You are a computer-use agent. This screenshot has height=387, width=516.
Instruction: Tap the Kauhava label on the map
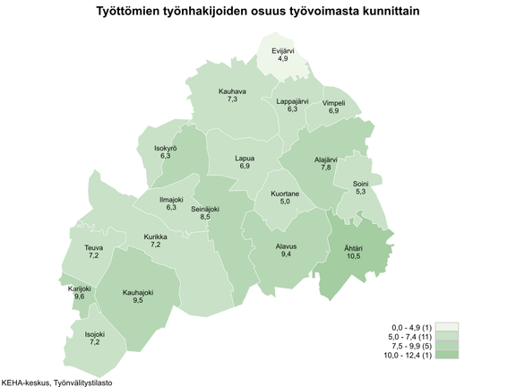point(232,91)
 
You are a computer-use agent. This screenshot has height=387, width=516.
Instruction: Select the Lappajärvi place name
point(292,101)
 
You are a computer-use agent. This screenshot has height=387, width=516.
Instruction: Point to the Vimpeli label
point(333,103)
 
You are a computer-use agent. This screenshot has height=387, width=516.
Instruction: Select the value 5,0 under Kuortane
point(286,202)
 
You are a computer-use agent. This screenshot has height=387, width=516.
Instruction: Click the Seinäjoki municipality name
point(206,208)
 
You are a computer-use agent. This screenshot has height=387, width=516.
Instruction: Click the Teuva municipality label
point(93,247)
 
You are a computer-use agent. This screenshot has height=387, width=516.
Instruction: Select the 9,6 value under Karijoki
point(80,297)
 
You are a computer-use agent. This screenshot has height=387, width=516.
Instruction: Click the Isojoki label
point(93,334)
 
